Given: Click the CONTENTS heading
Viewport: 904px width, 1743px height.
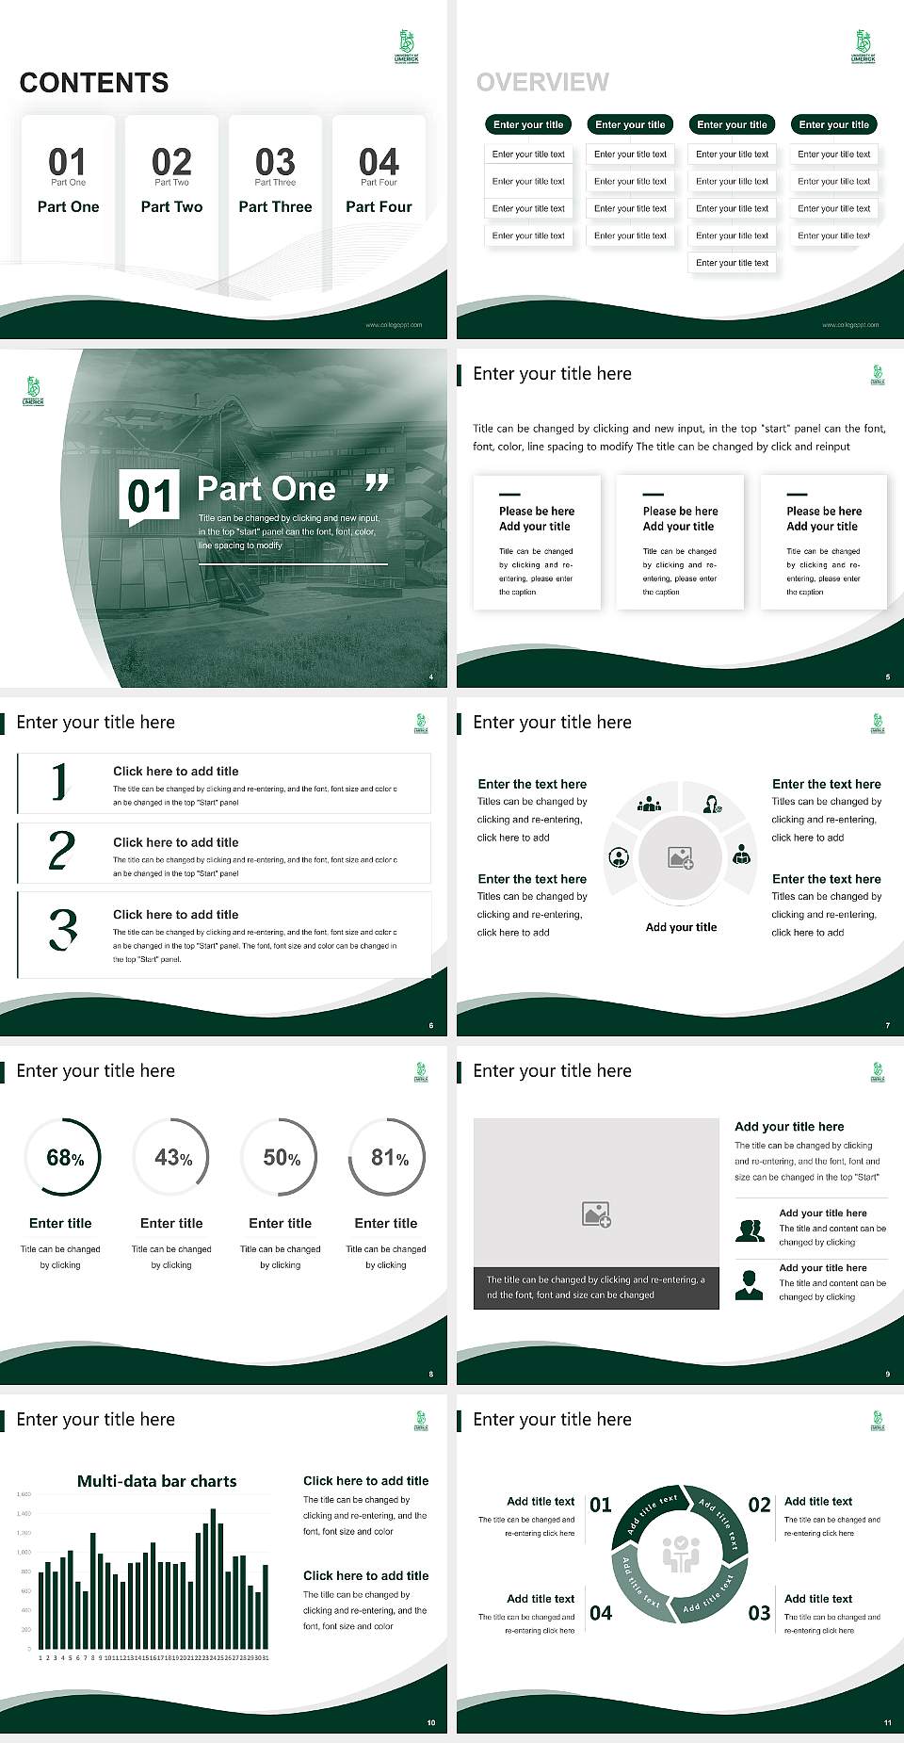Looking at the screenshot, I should (94, 83).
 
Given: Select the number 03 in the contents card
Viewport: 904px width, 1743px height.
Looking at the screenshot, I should (275, 162).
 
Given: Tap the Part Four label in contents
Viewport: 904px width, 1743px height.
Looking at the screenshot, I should (379, 206).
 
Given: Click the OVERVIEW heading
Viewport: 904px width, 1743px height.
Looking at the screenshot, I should (542, 83).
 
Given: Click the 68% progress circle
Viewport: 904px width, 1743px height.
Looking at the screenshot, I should (64, 1157).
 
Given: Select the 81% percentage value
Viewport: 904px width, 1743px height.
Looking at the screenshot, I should (389, 1157).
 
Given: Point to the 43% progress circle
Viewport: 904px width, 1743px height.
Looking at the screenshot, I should (172, 1157).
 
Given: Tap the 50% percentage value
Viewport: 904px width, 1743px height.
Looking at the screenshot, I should (282, 1157).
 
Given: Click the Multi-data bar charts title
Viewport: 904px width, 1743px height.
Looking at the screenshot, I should (156, 1481).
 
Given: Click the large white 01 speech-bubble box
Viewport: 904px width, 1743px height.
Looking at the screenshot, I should (150, 496).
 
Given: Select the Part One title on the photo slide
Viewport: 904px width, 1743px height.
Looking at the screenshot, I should (266, 488).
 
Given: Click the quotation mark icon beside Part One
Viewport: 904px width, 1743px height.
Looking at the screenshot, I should (377, 484).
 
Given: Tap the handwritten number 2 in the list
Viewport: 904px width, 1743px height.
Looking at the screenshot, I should (61, 851).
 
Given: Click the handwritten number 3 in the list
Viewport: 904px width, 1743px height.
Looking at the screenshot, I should (63, 929).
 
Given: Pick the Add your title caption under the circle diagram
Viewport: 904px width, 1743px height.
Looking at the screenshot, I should (681, 927).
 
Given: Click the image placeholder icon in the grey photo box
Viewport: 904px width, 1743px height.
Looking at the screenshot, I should (597, 1214).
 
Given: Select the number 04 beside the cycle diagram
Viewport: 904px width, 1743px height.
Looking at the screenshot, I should (601, 1613).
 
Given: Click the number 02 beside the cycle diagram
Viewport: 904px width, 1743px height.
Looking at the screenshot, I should (759, 1505).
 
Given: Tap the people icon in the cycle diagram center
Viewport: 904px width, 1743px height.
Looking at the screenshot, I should (680, 1554).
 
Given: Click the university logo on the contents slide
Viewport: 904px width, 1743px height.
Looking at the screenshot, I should (406, 45).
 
